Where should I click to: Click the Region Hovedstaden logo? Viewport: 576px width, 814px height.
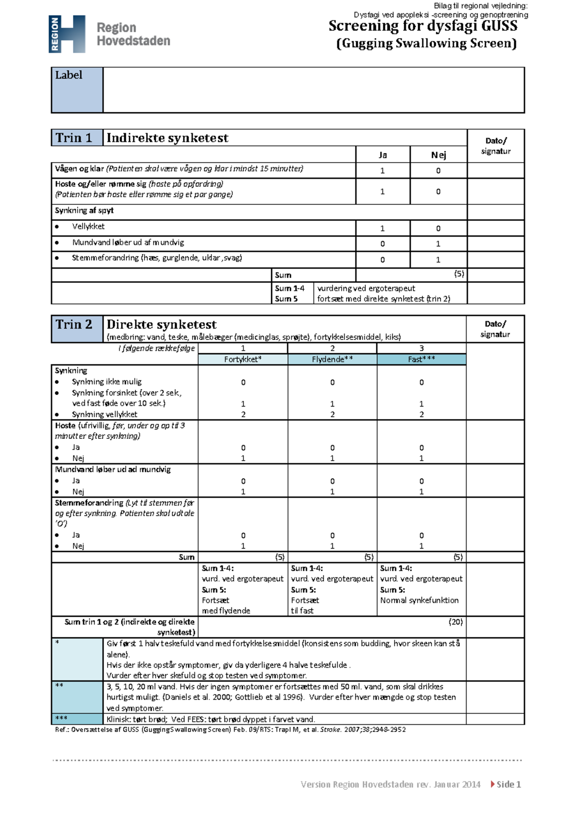[x=109, y=34]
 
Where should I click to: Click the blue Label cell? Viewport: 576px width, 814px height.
[x=77, y=90]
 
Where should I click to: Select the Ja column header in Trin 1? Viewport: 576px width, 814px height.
[x=383, y=155]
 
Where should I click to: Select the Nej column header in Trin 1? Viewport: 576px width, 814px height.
[x=438, y=155]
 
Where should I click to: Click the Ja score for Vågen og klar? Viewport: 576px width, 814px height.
[x=383, y=170]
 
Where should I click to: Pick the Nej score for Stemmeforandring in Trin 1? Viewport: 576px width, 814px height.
[x=438, y=260]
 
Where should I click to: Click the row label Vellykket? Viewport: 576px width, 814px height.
[x=88, y=227]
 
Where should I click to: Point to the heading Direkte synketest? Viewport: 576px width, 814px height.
[x=161, y=324]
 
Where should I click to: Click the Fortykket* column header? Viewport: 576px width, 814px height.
[x=243, y=359]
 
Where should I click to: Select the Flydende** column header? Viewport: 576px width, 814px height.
[x=332, y=359]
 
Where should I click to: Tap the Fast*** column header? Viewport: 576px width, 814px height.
[x=421, y=359]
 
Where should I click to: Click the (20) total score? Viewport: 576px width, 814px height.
[x=456, y=622]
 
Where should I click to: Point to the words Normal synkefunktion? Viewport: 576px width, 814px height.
[x=420, y=600]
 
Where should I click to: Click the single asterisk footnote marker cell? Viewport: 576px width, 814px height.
[x=77, y=659]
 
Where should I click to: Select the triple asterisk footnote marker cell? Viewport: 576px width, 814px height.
[x=77, y=718]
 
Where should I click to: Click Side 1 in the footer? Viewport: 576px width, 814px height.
[x=508, y=784]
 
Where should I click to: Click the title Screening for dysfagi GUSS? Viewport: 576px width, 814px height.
[x=423, y=26]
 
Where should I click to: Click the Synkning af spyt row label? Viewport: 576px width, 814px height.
[x=84, y=211]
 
